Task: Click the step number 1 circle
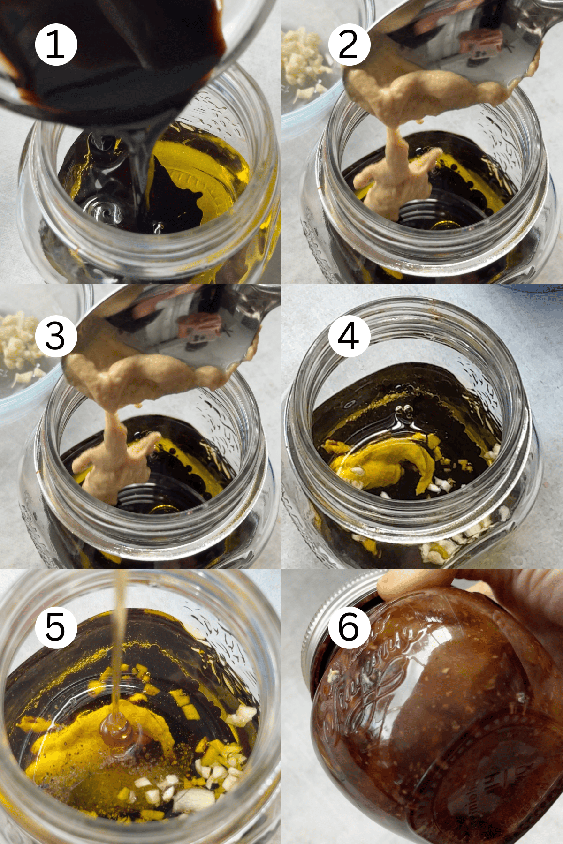click(x=56, y=45)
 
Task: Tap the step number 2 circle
click(x=349, y=45)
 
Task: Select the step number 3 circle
click(x=56, y=336)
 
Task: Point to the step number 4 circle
click(x=349, y=336)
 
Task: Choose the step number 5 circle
click(x=56, y=627)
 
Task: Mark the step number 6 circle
click(x=349, y=627)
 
